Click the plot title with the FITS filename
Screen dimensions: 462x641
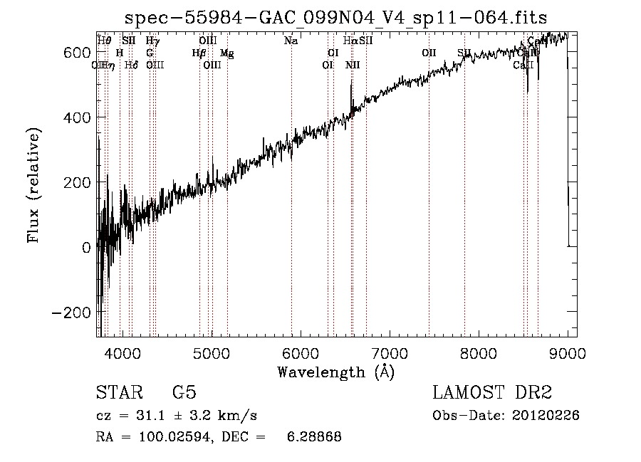335,18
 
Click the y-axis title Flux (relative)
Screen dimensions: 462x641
33,184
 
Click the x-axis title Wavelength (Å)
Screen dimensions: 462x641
335,371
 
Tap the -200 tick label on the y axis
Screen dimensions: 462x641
72,313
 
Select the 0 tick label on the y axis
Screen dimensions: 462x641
86,248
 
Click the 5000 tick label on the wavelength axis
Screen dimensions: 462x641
212,353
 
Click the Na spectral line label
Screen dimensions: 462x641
291,41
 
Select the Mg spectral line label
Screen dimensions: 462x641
226,53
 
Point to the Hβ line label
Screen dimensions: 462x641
199,53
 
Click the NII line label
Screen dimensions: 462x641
353,65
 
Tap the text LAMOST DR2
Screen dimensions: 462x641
492,393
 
